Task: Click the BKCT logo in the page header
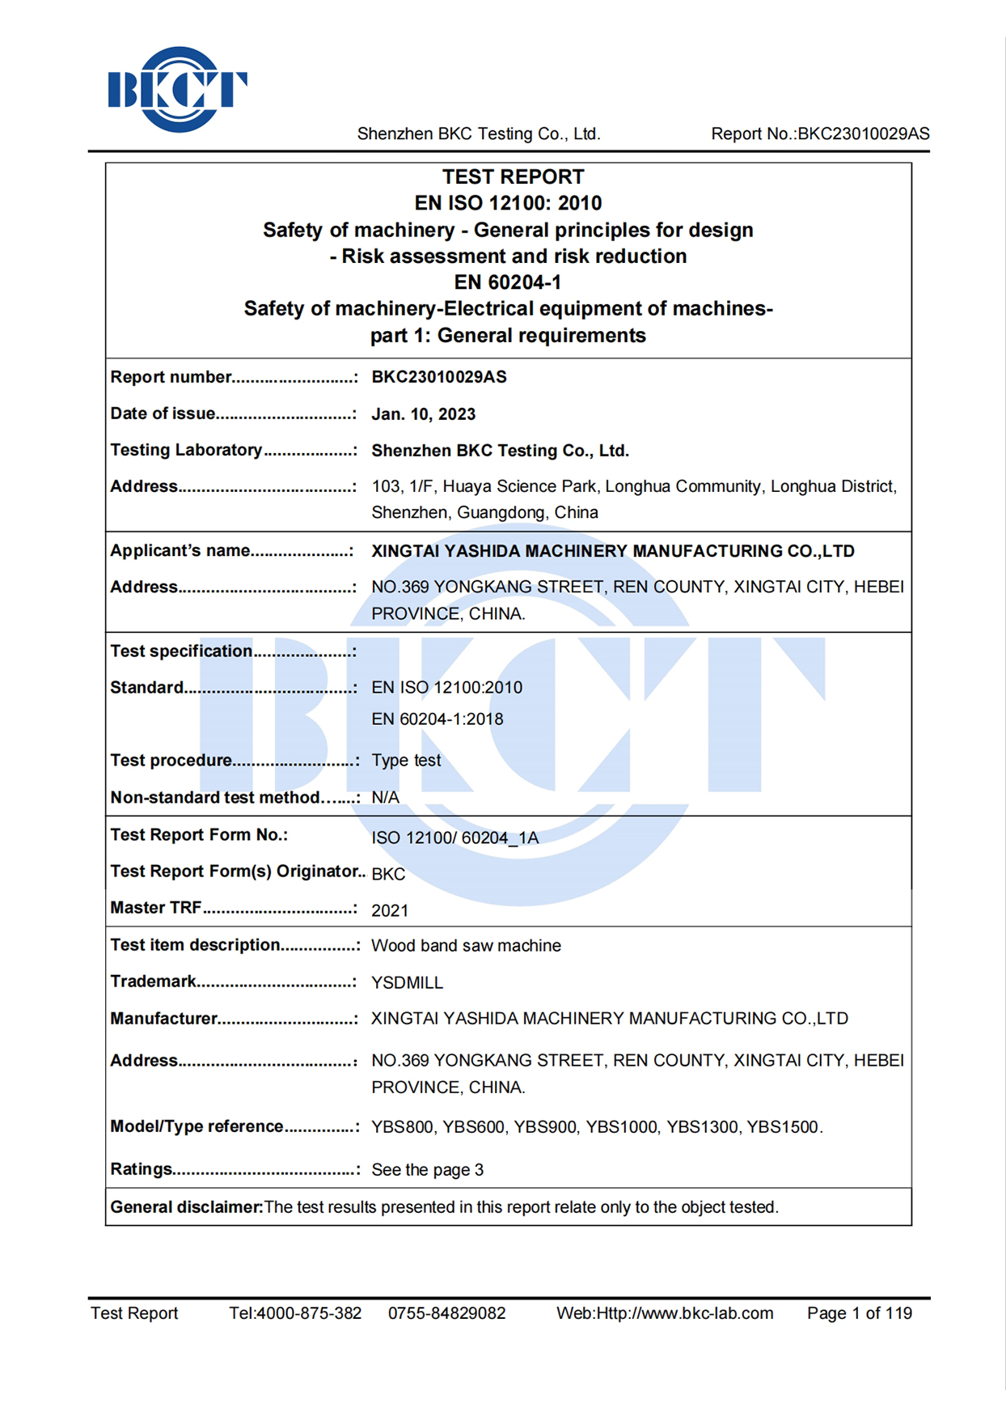pyautogui.click(x=177, y=89)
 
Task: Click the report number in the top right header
pyautogui.click(x=820, y=134)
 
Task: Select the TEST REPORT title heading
pyautogui.click(x=513, y=176)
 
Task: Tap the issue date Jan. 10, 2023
pyautogui.click(x=423, y=414)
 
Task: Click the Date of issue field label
pyautogui.click(x=163, y=413)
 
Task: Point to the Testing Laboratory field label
pyautogui.click(x=186, y=450)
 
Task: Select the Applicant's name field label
pyautogui.click(x=180, y=550)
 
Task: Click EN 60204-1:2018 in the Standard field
pyautogui.click(x=437, y=719)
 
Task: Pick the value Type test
pyautogui.click(x=406, y=760)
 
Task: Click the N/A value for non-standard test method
pyautogui.click(x=385, y=797)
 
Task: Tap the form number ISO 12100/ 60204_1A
pyautogui.click(x=454, y=837)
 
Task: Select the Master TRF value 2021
pyautogui.click(x=390, y=910)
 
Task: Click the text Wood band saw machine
pyautogui.click(x=466, y=945)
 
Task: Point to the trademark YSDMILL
pyautogui.click(x=407, y=982)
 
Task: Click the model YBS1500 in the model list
pyautogui.click(x=782, y=1126)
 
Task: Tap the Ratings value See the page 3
pyautogui.click(x=427, y=1169)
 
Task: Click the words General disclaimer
pyautogui.click(x=186, y=1206)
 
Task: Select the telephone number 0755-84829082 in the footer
pyautogui.click(x=446, y=1312)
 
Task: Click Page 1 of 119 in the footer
pyautogui.click(x=859, y=1312)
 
